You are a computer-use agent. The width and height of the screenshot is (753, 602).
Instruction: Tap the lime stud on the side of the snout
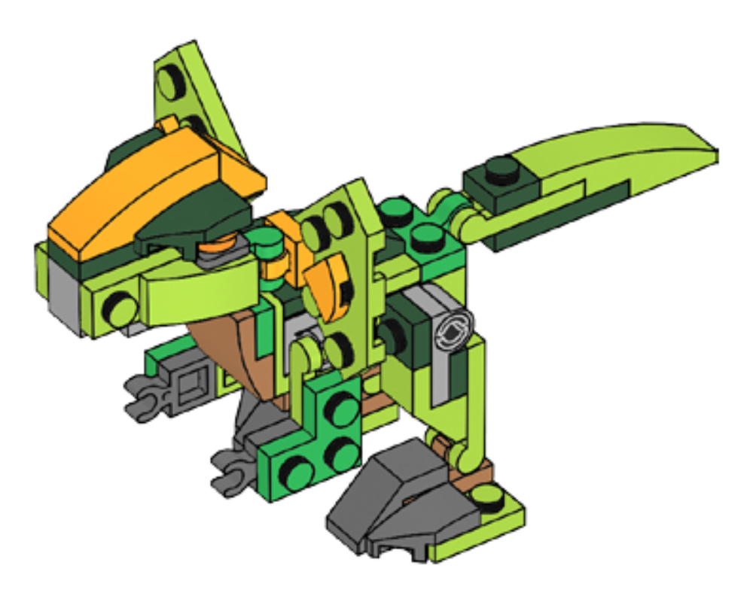[x=118, y=308]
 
